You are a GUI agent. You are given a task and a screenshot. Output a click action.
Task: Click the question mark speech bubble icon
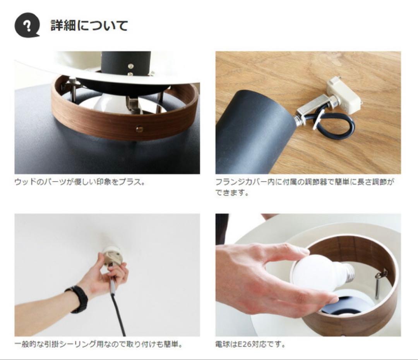(x=27, y=25)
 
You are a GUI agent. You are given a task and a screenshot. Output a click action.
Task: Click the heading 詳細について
(x=89, y=26)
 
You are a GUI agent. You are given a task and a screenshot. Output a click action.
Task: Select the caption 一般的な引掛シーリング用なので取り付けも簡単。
(x=99, y=345)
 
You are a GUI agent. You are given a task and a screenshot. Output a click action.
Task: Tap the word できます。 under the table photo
(x=232, y=192)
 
